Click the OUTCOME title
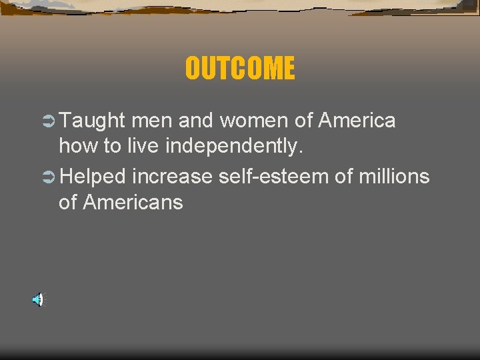(x=239, y=68)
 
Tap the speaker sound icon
(x=37, y=300)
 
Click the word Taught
(x=92, y=121)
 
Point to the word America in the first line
(x=357, y=121)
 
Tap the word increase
(x=172, y=177)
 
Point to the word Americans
(x=132, y=202)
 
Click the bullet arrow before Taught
(x=47, y=121)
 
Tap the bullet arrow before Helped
(x=47, y=177)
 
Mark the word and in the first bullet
(x=194, y=121)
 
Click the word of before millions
(x=341, y=177)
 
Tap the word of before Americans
(x=68, y=202)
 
